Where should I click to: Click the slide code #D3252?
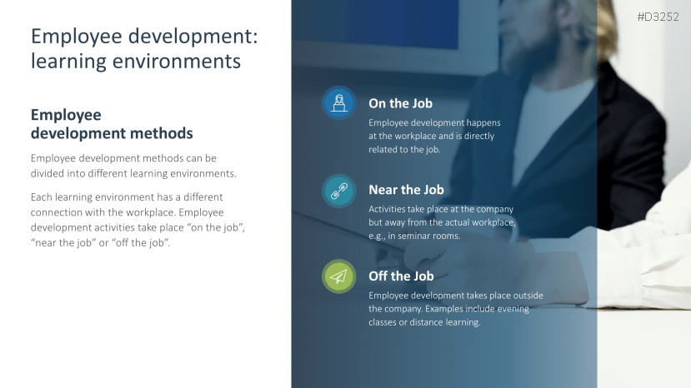coord(658,17)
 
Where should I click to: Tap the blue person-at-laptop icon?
coord(339,103)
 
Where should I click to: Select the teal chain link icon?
coord(339,191)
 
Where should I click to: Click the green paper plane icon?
coord(339,276)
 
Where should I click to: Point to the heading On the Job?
coord(401,103)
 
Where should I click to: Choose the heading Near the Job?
coord(406,190)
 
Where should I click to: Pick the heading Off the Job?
coord(401,276)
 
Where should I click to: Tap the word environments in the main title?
coord(176,61)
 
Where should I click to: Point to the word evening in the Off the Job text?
coord(513,309)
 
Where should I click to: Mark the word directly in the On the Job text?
coord(479,137)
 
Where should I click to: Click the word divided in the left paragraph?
coord(48,173)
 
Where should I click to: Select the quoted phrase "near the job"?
coord(63,242)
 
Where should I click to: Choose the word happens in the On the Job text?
coord(483,123)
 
